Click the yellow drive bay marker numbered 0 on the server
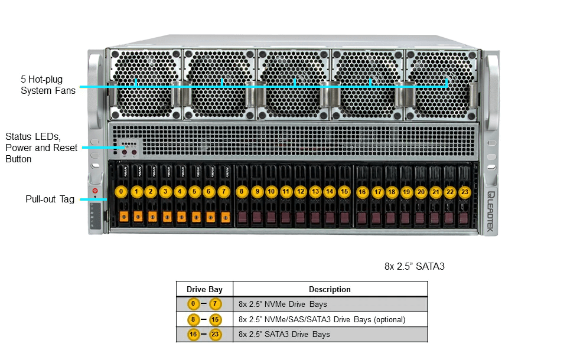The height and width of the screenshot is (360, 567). pyautogui.click(x=122, y=192)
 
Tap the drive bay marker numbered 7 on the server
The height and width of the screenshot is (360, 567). pyautogui.click(x=223, y=192)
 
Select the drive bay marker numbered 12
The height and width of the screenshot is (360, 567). pyautogui.click(x=301, y=192)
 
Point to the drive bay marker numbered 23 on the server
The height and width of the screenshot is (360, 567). pyautogui.click(x=465, y=192)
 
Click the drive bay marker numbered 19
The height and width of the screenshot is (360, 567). pyautogui.click(x=406, y=192)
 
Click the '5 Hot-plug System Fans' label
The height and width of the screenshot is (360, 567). pyautogui.click(x=48, y=85)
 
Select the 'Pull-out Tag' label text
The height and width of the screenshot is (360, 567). pyautogui.click(x=50, y=199)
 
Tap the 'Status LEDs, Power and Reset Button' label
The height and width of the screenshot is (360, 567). pyautogui.click(x=41, y=148)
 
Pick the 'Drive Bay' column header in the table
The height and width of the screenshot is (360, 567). pyautogui.click(x=204, y=289)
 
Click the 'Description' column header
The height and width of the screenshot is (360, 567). pyautogui.click(x=330, y=289)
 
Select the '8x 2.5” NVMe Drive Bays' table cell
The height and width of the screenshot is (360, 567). pyautogui.click(x=283, y=305)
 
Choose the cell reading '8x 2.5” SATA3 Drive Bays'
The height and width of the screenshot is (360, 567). pyautogui.click(x=285, y=334)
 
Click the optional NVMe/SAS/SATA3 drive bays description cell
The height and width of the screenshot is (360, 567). pyautogui.click(x=322, y=319)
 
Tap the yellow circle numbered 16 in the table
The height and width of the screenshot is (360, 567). pyautogui.click(x=193, y=334)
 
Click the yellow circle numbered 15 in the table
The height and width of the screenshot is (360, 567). pyautogui.click(x=215, y=319)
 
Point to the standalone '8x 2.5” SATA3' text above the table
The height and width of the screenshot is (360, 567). pyautogui.click(x=414, y=267)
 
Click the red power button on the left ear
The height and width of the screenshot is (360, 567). pyautogui.click(x=94, y=191)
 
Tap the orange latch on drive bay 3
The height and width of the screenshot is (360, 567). pyautogui.click(x=167, y=217)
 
